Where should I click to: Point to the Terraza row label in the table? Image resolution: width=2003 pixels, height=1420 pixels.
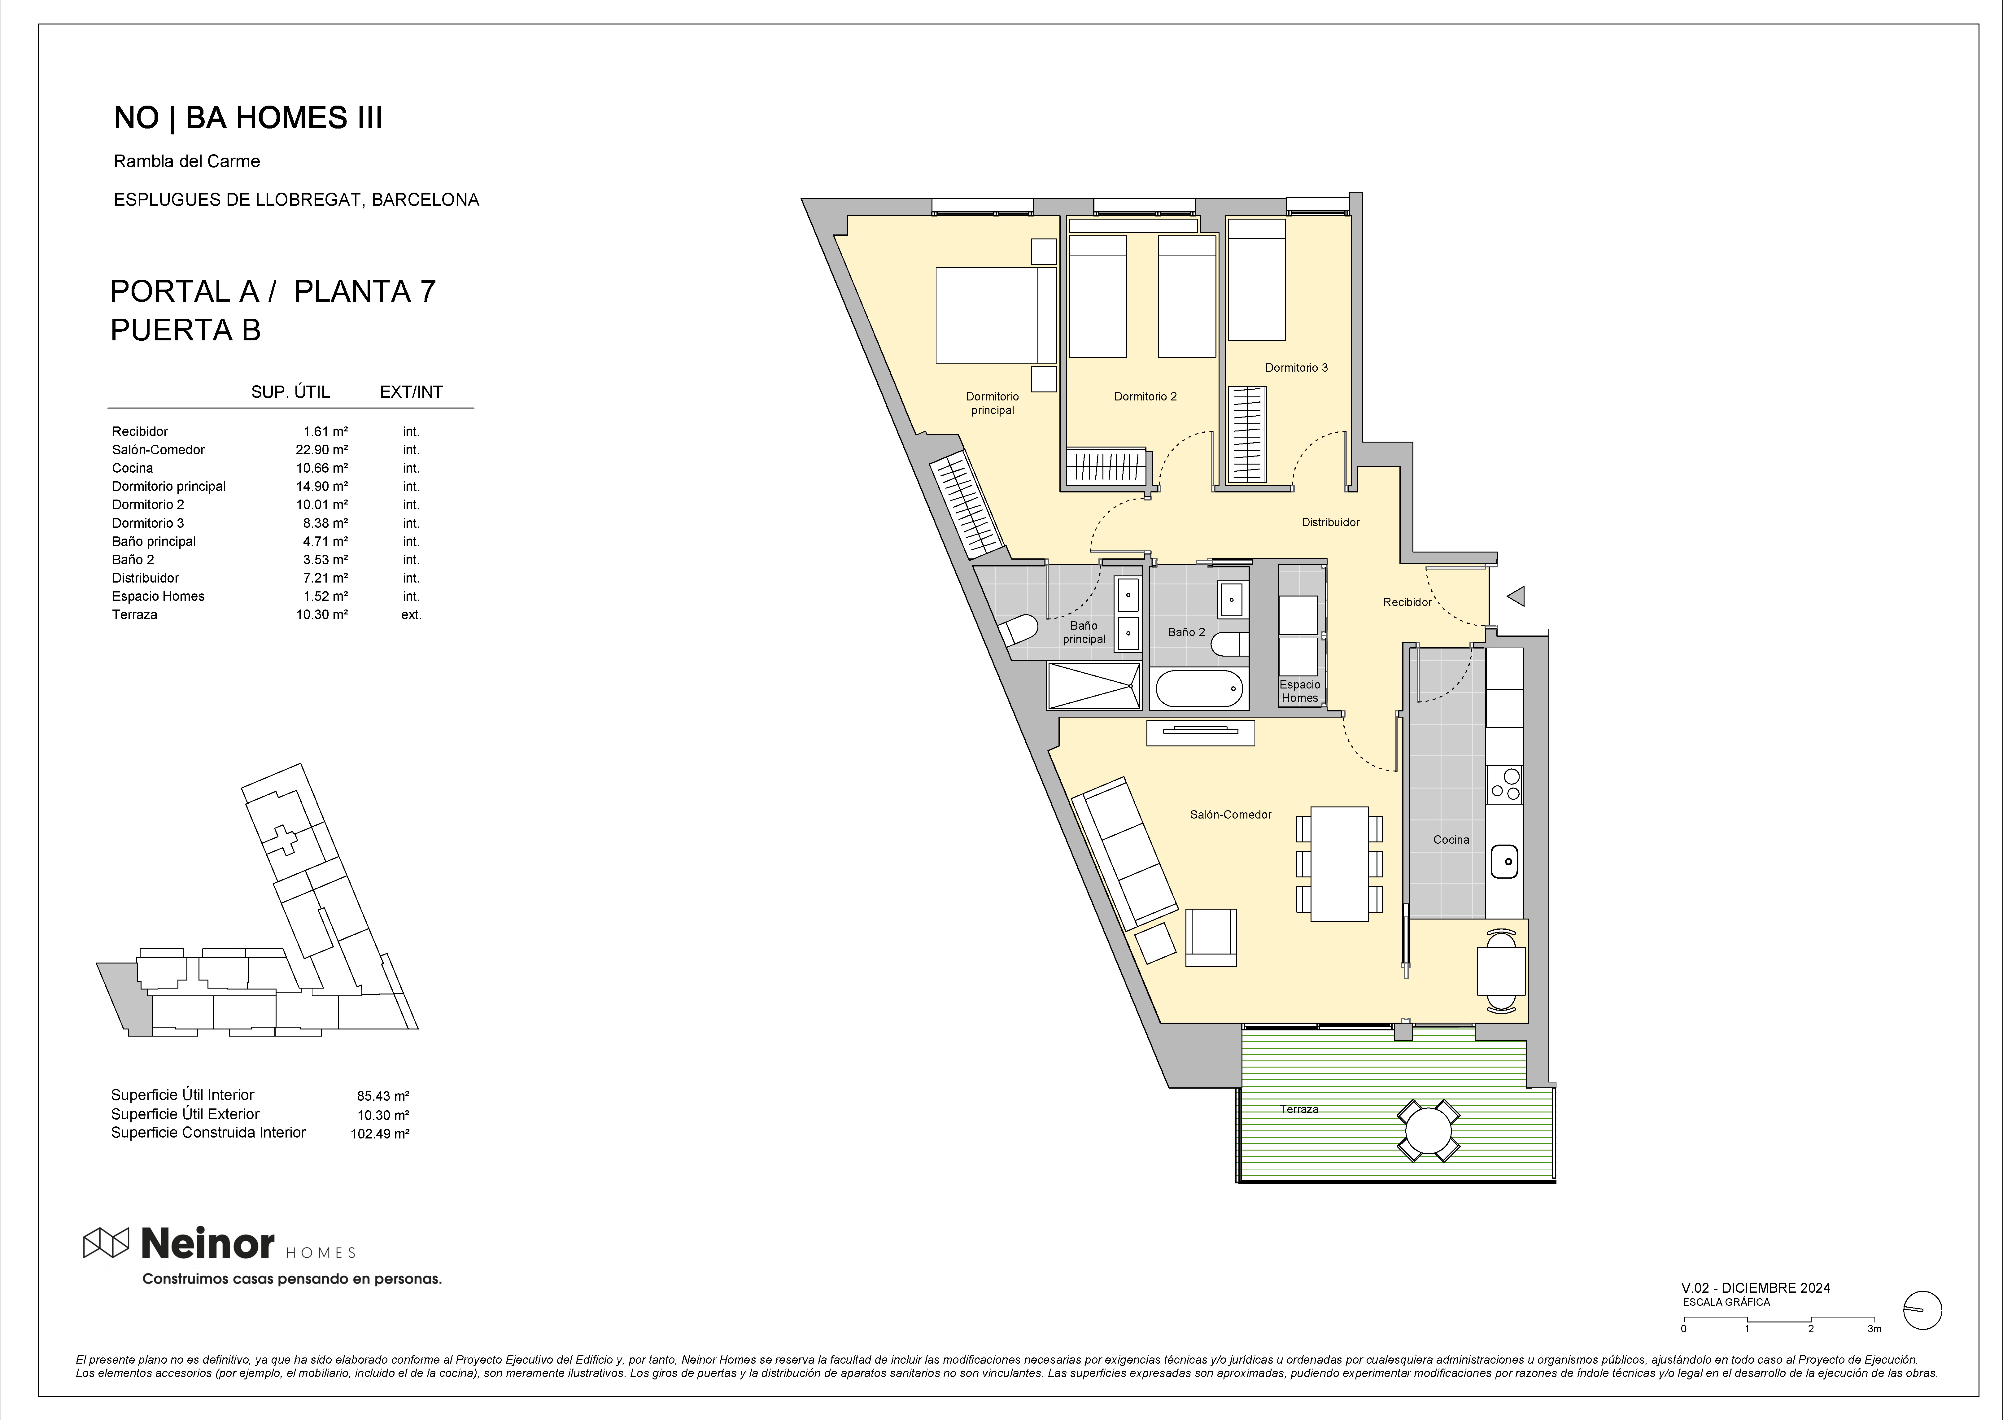coord(135,615)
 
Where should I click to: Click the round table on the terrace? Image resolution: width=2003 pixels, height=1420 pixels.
coord(1429,1130)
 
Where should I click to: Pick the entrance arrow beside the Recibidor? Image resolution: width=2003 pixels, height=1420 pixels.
coord(1516,596)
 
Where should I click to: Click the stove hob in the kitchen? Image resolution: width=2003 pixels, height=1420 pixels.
coord(1505,784)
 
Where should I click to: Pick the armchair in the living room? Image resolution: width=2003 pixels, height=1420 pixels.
coord(1211,937)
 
